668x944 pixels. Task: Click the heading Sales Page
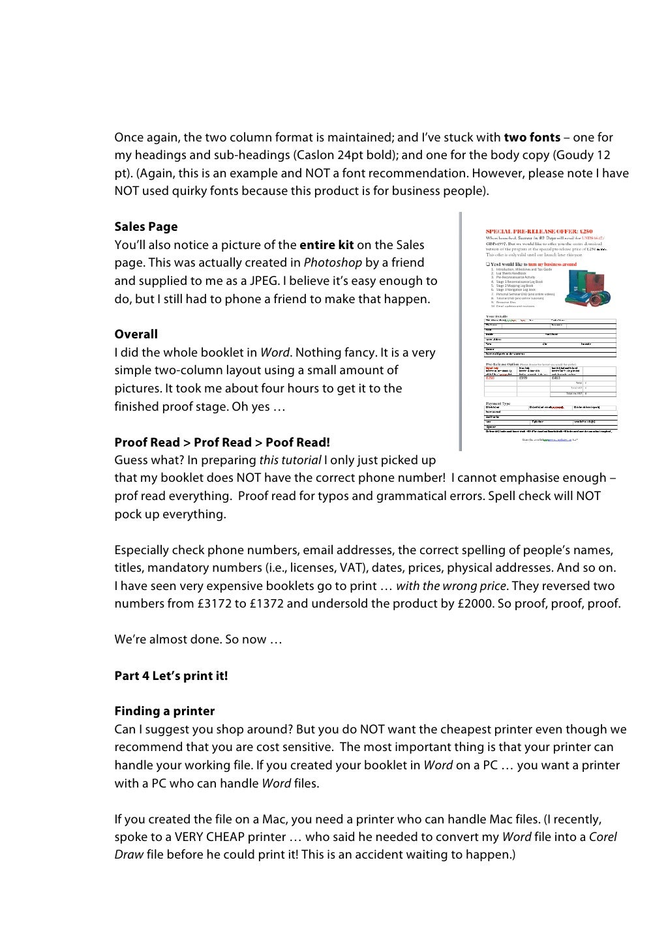pyautogui.click(x=145, y=227)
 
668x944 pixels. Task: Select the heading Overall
pyautogui.click(x=136, y=334)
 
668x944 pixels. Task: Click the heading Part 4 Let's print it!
pyautogui.click(x=171, y=675)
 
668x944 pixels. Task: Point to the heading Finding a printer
pyautogui.click(x=164, y=711)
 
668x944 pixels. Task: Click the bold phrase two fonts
pyautogui.click(x=532, y=138)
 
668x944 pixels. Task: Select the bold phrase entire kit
pyautogui.click(x=326, y=245)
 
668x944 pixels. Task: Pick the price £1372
pyautogui.click(x=267, y=604)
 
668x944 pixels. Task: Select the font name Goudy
pyautogui.click(x=570, y=155)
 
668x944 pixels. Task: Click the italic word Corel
pyautogui.click(x=603, y=837)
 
